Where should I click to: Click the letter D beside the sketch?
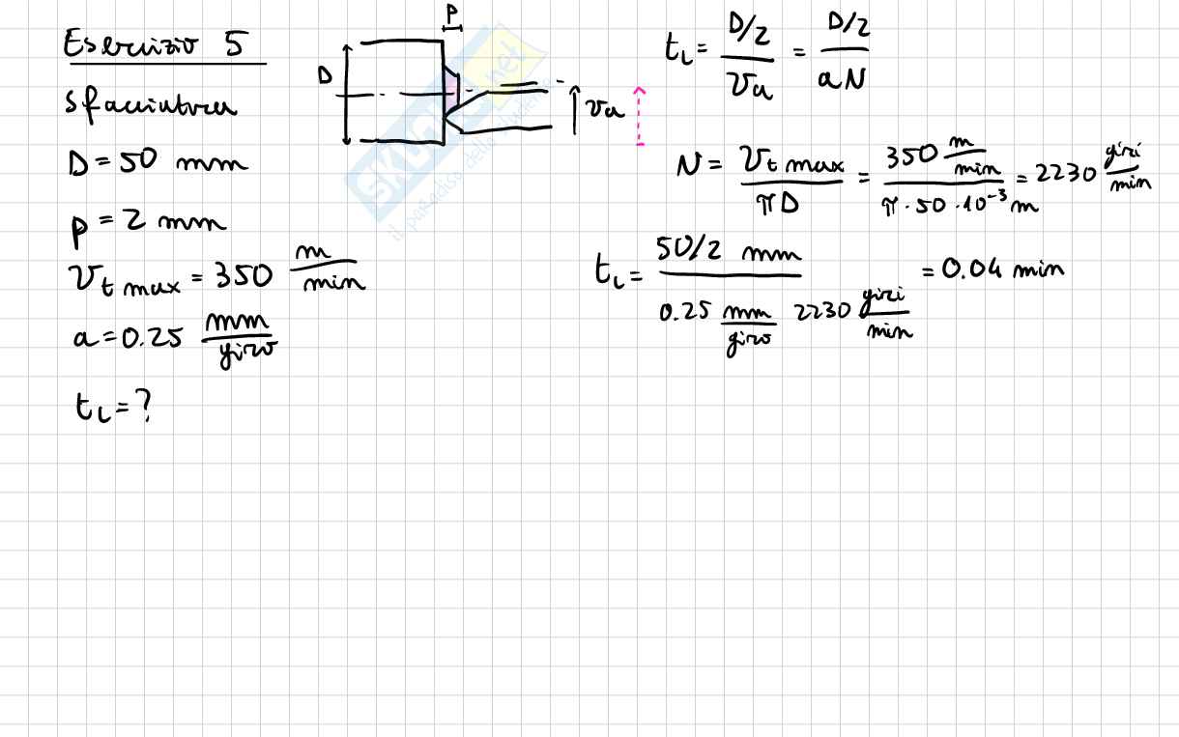tap(326, 75)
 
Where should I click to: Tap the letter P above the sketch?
tap(451, 14)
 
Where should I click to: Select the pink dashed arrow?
tap(640, 117)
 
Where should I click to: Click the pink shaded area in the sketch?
tap(450, 93)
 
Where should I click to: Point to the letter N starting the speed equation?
tap(687, 166)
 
